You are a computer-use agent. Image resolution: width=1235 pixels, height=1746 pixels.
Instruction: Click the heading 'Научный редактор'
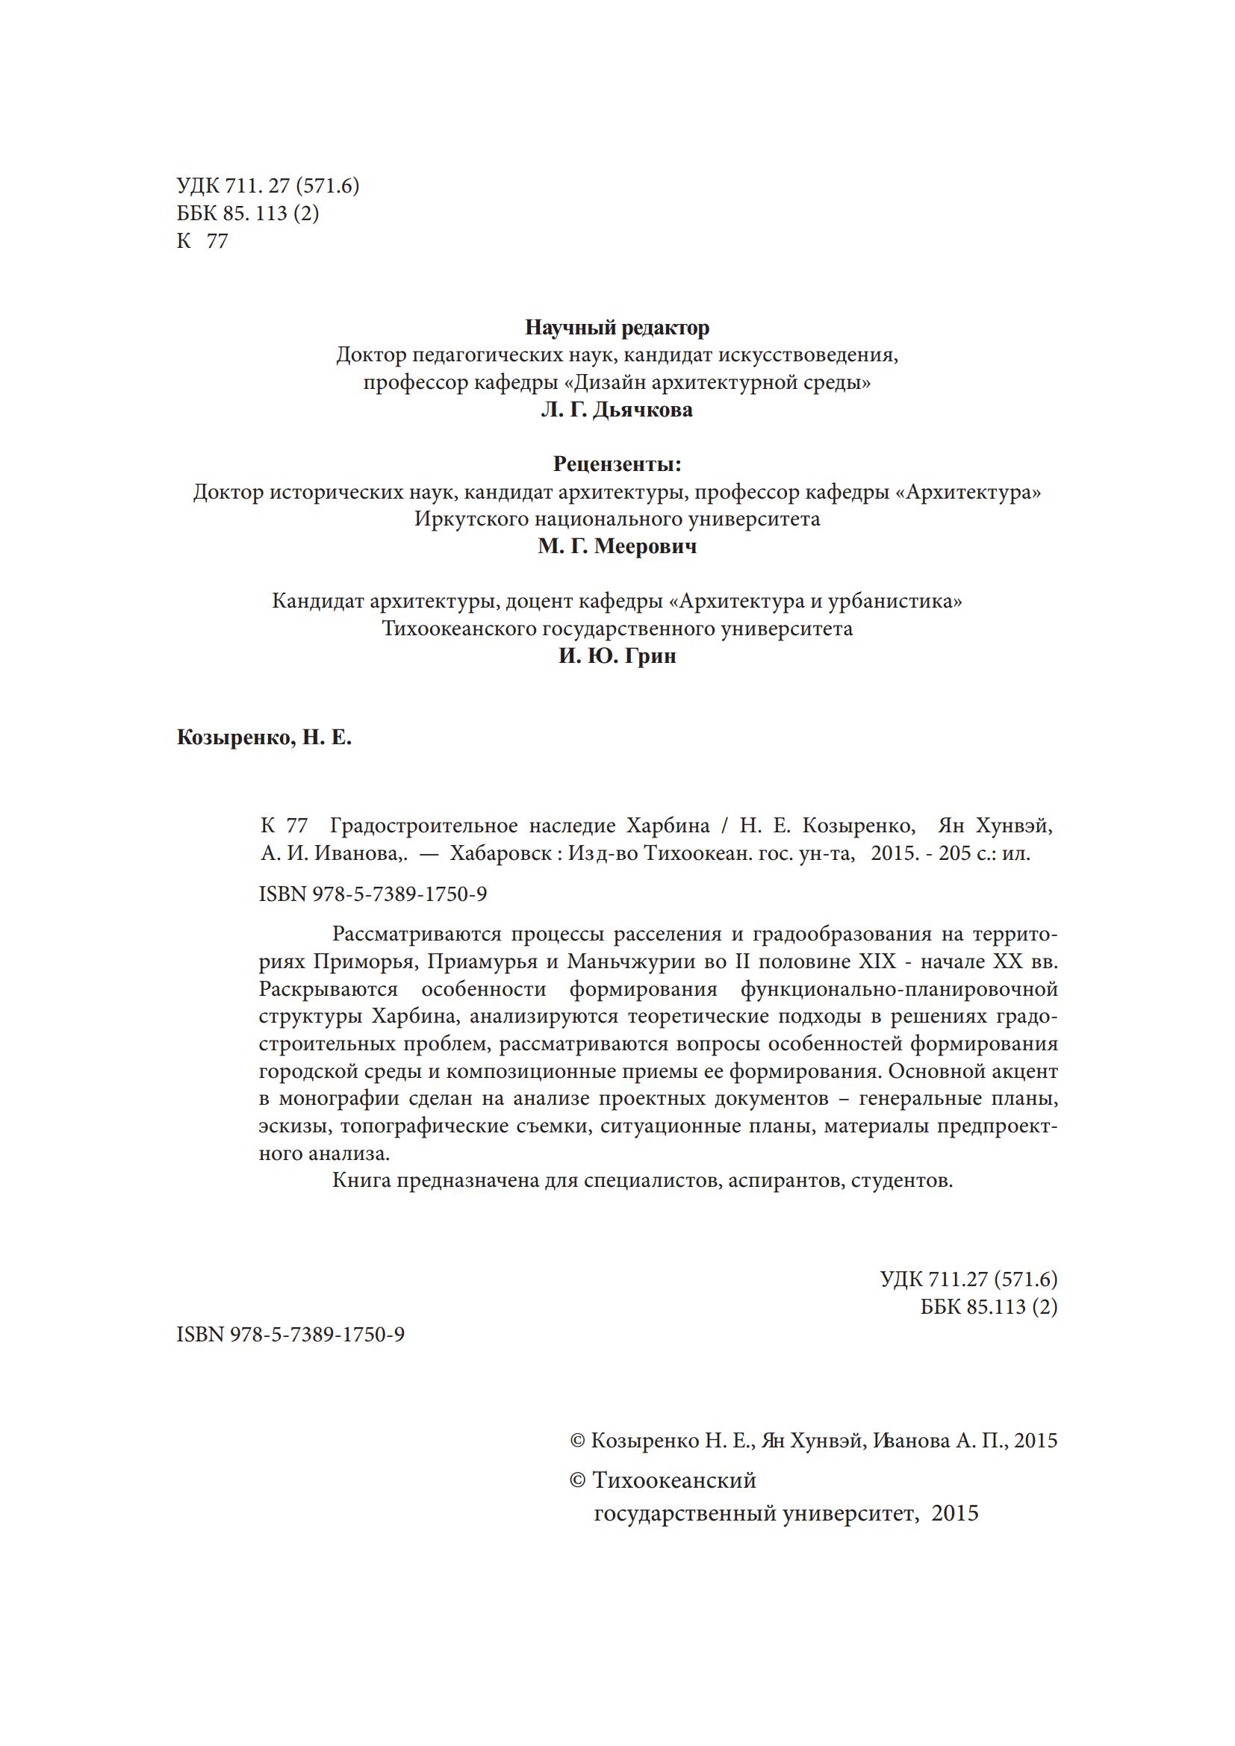click(617, 328)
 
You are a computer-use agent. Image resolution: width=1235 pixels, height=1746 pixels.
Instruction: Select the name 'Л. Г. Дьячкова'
click(617, 411)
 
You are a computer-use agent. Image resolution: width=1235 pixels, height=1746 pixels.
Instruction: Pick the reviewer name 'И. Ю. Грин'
click(617, 656)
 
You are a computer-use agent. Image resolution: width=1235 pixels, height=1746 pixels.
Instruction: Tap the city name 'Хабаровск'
click(500, 853)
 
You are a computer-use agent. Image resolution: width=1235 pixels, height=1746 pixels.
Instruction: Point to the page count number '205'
click(955, 853)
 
